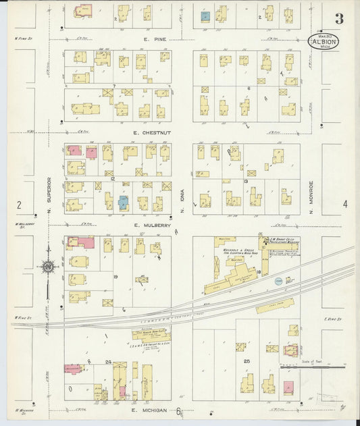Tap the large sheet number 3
(338, 18)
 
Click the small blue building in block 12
(123, 202)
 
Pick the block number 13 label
(247, 181)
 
